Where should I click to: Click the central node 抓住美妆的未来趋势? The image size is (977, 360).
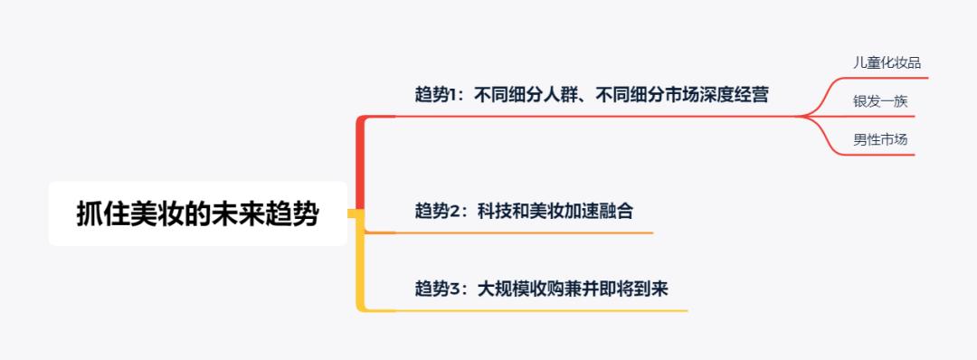197,214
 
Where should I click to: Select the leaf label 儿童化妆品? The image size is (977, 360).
880,62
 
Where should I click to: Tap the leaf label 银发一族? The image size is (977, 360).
880,101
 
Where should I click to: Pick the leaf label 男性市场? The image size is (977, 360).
880,139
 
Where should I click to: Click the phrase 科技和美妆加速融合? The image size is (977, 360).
555,211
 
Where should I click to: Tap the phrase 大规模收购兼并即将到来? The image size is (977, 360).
573,289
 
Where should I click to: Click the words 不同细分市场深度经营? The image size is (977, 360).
682,94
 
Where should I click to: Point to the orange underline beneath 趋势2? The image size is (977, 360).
525,232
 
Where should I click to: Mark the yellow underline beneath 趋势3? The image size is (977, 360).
543,310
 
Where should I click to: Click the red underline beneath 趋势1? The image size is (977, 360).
597,117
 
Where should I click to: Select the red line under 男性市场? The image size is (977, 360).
877,155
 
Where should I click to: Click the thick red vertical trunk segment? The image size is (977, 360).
360,163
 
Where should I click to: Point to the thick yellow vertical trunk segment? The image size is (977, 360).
360,262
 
